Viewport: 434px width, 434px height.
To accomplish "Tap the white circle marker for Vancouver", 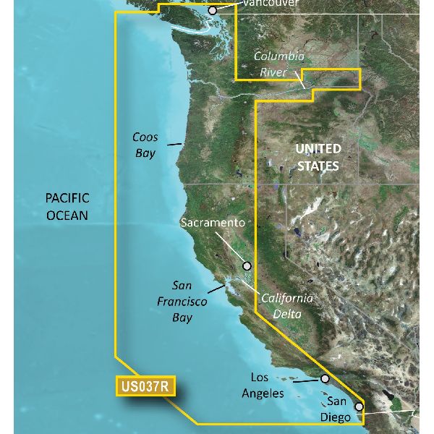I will coord(213,11).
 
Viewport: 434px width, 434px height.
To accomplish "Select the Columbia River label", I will coord(278,64).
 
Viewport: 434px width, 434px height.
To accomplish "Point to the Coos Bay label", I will coord(145,145).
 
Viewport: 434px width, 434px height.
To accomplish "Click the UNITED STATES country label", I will coord(317,157).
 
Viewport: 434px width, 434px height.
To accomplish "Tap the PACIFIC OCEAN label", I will coord(67,206).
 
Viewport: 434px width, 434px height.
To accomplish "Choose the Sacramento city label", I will coord(213,224).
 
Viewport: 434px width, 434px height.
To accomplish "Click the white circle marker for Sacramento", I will coord(247,266).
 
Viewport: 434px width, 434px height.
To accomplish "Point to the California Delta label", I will coord(286,305).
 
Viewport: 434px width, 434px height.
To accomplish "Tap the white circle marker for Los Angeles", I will coord(325,378).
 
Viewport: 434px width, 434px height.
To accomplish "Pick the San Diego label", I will coord(343,409).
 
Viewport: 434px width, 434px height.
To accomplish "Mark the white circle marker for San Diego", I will coord(359,407).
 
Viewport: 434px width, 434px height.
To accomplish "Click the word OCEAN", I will coord(67,215).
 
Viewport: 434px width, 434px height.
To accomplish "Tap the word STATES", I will coord(317,166).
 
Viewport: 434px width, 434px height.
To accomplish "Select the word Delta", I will coord(287,313).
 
